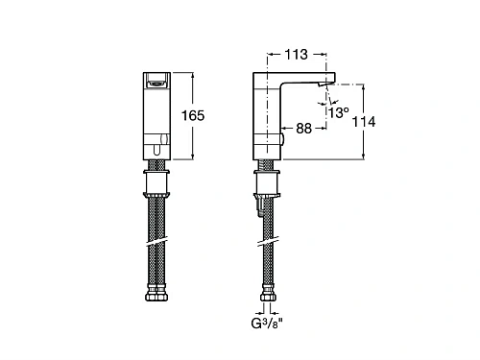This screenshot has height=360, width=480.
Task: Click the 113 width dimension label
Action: point(296,54)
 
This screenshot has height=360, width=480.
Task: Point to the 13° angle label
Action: point(339,112)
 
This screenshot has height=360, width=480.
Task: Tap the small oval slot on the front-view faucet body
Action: point(157,149)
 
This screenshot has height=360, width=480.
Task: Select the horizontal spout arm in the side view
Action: point(307,79)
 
